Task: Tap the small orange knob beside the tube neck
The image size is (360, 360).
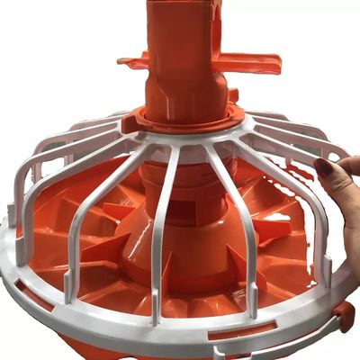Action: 233,94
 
